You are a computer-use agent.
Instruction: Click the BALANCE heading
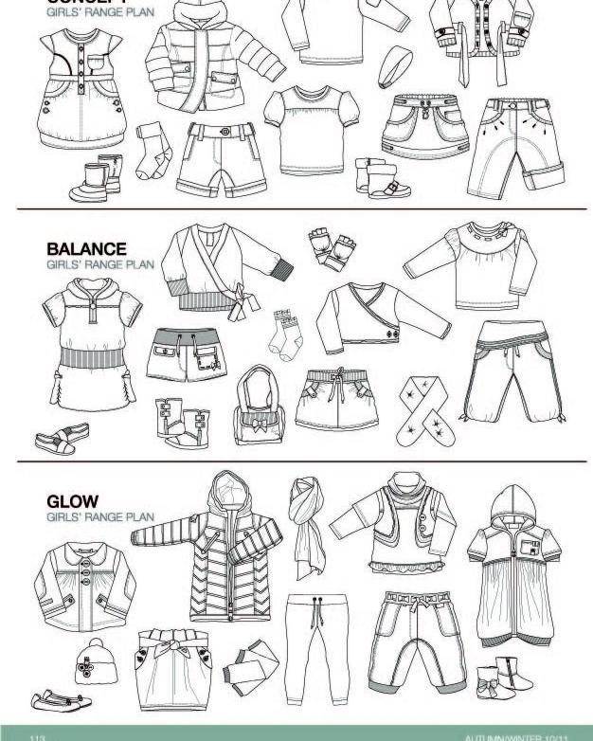86,249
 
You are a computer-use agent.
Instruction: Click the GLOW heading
72,501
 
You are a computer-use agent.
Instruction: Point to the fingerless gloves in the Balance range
332,249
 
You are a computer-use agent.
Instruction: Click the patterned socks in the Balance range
283,333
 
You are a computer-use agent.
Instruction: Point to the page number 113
39,736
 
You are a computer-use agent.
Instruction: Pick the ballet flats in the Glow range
57,702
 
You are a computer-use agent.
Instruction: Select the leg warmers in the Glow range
252,667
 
